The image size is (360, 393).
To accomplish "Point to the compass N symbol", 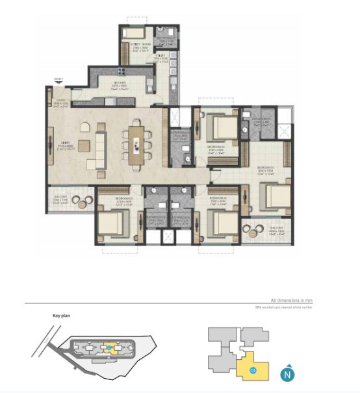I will tap(286, 374).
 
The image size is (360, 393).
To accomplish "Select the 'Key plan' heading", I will tap(61, 316).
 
